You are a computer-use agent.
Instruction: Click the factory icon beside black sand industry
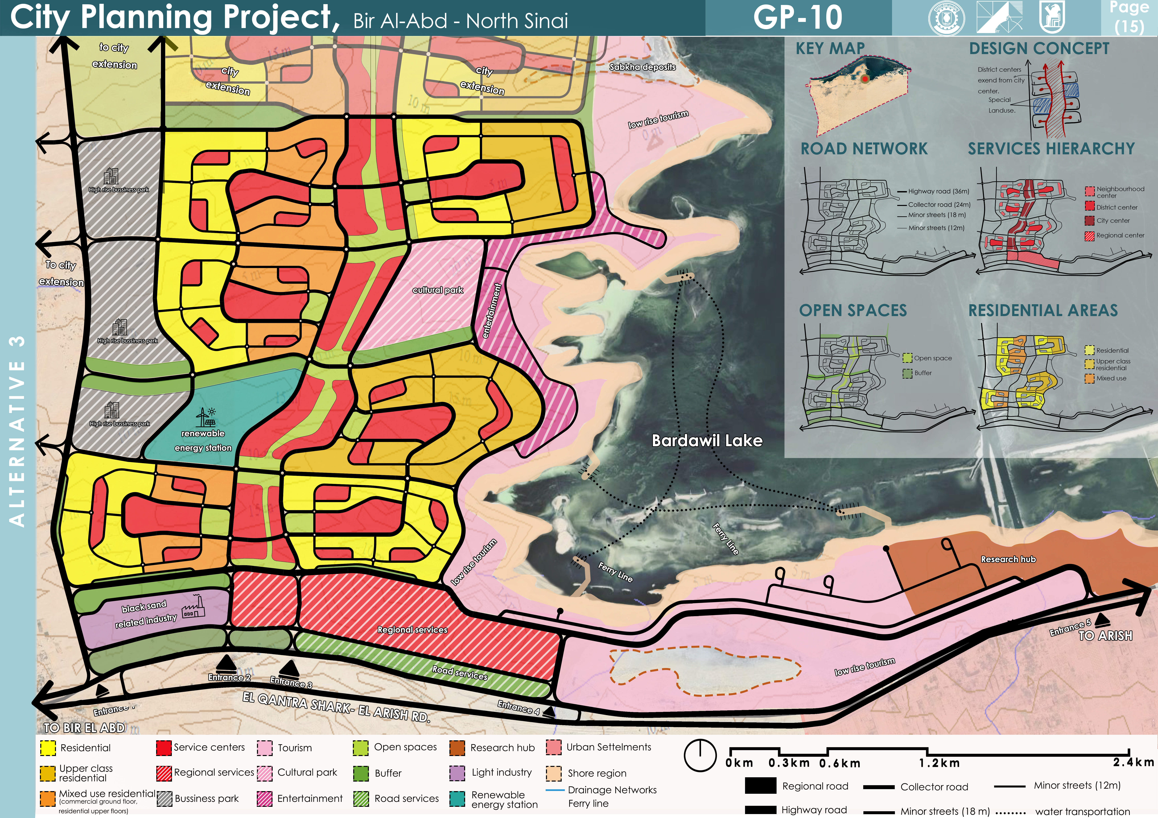point(194,606)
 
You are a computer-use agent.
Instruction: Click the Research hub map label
point(1008,559)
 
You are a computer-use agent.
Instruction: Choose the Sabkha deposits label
point(642,66)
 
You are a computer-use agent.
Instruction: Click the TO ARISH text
point(1105,635)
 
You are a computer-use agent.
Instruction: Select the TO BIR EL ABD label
point(84,728)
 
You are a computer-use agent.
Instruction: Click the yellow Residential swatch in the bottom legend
point(48,748)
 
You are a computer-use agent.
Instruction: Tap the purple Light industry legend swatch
point(457,773)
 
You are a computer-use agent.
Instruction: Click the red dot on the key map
point(865,79)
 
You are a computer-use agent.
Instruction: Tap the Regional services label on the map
point(412,630)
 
